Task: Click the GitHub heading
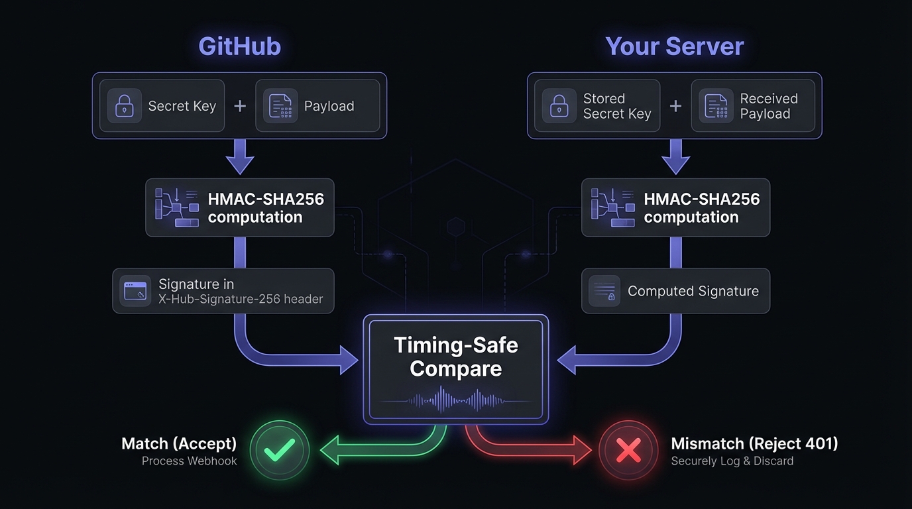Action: (239, 46)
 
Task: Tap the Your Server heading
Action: (674, 46)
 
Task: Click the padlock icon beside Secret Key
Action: (125, 106)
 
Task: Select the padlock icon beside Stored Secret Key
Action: (559, 106)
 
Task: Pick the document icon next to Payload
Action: (280, 106)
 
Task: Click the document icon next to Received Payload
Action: (716, 106)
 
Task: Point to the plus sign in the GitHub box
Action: (240, 106)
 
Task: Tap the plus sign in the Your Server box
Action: (675, 106)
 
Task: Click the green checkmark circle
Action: (280, 451)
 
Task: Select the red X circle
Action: (628, 451)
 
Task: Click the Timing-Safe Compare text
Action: (456, 357)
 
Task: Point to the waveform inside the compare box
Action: (456, 400)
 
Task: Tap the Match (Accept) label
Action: (179, 443)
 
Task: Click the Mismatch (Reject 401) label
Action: (754, 443)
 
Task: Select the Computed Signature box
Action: (675, 291)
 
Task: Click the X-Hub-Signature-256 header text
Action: (241, 299)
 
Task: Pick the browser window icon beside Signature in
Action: (135, 291)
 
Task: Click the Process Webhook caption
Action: (189, 461)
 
